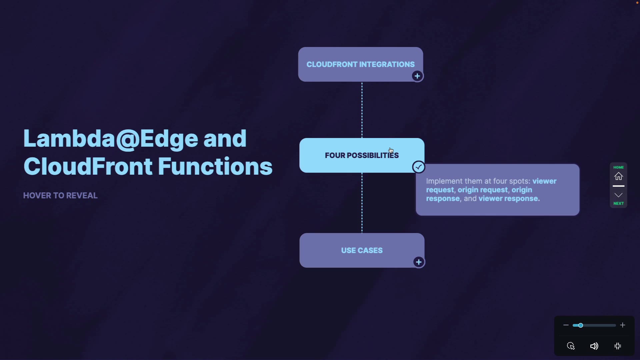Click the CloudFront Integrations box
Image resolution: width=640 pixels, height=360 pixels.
(x=360, y=64)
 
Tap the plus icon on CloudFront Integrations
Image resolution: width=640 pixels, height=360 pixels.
(x=417, y=76)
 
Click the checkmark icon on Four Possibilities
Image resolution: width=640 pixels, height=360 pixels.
(x=419, y=167)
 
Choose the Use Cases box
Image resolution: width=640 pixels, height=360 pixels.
(x=362, y=250)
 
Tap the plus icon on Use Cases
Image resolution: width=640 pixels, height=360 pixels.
(x=419, y=262)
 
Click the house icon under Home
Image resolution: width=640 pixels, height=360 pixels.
(x=619, y=176)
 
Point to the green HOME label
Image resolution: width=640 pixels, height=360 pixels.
(x=619, y=167)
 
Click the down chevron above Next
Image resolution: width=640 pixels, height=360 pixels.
(x=619, y=195)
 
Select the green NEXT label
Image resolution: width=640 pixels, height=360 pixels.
(x=619, y=204)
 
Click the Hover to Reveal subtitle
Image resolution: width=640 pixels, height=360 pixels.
(x=60, y=196)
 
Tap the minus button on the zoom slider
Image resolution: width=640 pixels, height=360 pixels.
(x=566, y=325)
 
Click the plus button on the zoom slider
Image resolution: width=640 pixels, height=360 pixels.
(x=623, y=325)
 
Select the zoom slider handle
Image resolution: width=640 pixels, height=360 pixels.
(x=581, y=325)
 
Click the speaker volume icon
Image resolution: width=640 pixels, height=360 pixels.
(x=594, y=346)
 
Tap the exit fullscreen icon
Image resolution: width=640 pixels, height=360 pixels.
(x=618, y=346)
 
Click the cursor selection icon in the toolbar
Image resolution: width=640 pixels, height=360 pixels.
(x=571, y=346)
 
